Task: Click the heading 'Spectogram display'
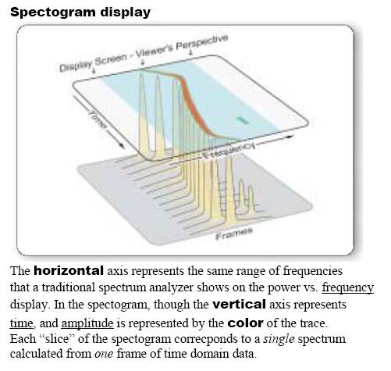pyautogui.click(x=80, y=12)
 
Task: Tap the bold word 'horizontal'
pyautogui.click(x=69, y=270)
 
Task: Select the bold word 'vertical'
pyautogui.click(x=239, y=304)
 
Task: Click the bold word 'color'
pyautogui.click(x=245, y=323)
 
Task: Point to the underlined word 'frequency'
pyautogui.click(x=347, y=288)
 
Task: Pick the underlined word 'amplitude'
pyautogui.click(x=87, y=323)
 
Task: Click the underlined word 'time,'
pyautogui.click(x=22, y=323)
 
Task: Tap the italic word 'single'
pyautogui.click(x=279, y=339)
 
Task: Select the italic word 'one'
pyautogui.click(x=104, y=354)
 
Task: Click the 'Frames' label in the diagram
pyautogui.click(x=234, y=233)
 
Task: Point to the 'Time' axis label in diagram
pyautogui.click(x=98, y=120)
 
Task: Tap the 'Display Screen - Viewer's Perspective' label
pyautogui.click(x=144, y=53)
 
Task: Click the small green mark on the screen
pyautogui.click(x=242, y=120)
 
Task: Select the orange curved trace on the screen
pyautogui.click(x=193, y=101)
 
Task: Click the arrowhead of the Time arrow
pyautogui.click(x=121, y=145)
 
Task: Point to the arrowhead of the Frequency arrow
pyautogui.click(x=290, y=137)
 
